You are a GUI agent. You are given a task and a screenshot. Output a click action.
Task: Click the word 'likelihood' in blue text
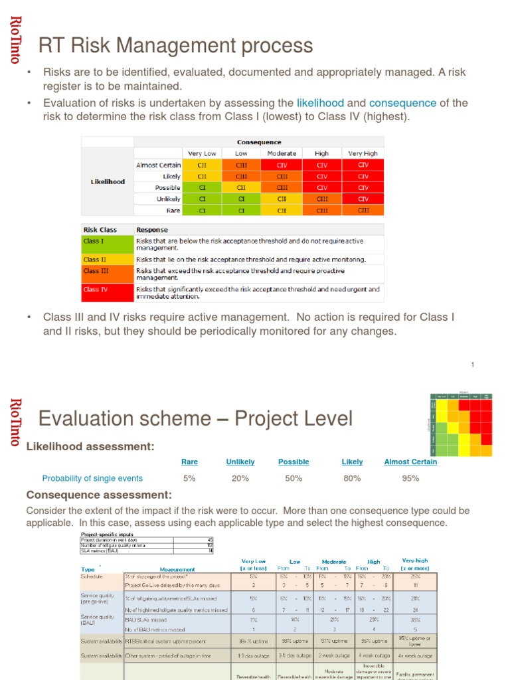320,103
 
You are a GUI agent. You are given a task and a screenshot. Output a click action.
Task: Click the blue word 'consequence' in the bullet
402,103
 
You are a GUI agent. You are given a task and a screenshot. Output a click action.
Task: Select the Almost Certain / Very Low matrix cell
202,165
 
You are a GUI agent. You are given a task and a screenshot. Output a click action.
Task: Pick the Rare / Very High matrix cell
363,210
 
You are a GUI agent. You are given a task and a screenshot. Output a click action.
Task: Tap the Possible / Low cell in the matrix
242,188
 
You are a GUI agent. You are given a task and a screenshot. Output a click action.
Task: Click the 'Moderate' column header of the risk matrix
282,153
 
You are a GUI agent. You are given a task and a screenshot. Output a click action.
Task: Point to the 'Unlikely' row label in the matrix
168,199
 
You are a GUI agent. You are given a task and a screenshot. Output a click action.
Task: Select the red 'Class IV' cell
107,290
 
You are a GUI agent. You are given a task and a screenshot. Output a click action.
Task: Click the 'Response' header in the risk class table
152,230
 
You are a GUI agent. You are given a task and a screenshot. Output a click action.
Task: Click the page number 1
473,365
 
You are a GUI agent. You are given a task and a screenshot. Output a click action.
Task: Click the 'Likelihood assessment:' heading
90,446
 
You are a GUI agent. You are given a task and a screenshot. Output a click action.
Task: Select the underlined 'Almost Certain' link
410,462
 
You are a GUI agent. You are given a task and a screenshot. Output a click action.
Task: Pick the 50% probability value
294,478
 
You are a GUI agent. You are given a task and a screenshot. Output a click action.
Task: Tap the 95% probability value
410,478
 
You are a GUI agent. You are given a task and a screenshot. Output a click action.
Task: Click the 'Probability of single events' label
92,478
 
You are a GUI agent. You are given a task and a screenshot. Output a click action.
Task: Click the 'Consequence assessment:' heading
99,495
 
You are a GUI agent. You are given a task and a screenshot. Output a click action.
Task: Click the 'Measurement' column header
177,569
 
